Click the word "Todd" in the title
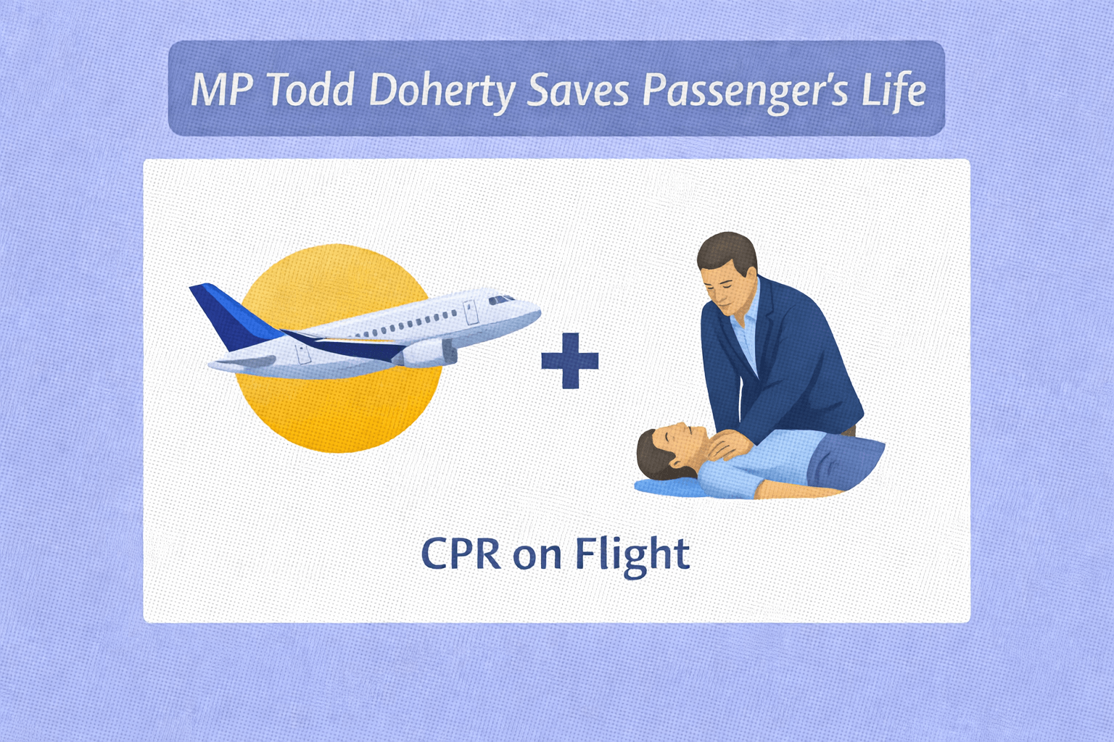point(311,90)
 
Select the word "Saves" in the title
point(577,91)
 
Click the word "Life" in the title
point(894,89)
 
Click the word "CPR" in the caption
point(461,553)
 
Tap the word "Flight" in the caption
point(632,556)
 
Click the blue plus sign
point(570,360)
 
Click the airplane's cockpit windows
point(501,300)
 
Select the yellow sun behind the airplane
point(338,349)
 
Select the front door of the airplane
point(471,312)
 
